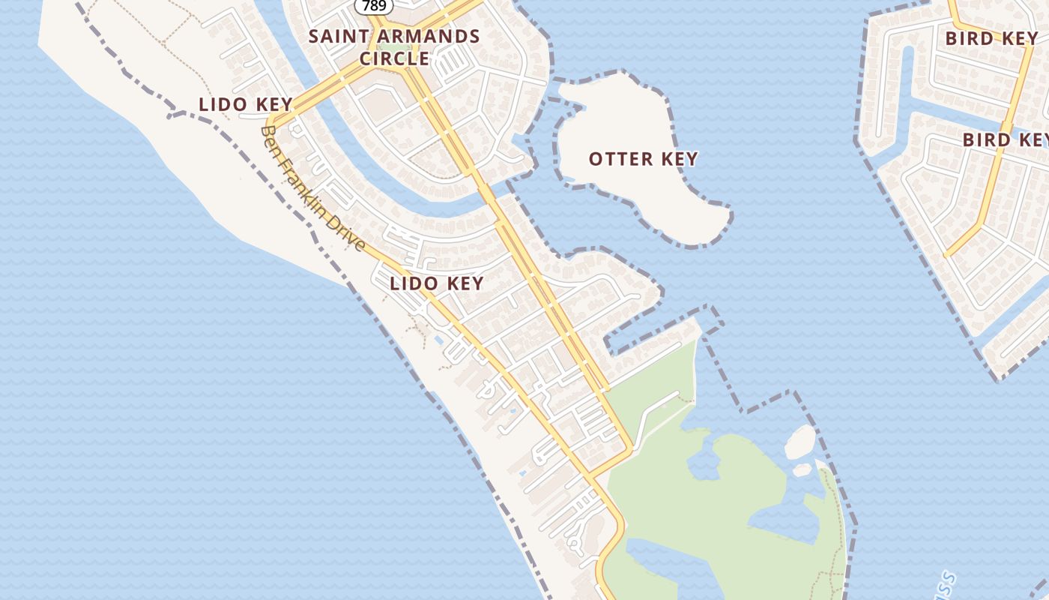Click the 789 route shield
[x=374, y=5]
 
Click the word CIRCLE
[x=394, y=58]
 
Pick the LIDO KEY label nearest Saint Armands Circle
[x=245, y=104]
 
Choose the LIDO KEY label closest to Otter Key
[x=437, y=283]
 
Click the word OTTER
[x=615, y=159]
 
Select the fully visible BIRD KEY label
[x=991, y=38]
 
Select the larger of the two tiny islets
[x=799, y=442]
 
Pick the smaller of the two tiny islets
[x=802, y=469]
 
